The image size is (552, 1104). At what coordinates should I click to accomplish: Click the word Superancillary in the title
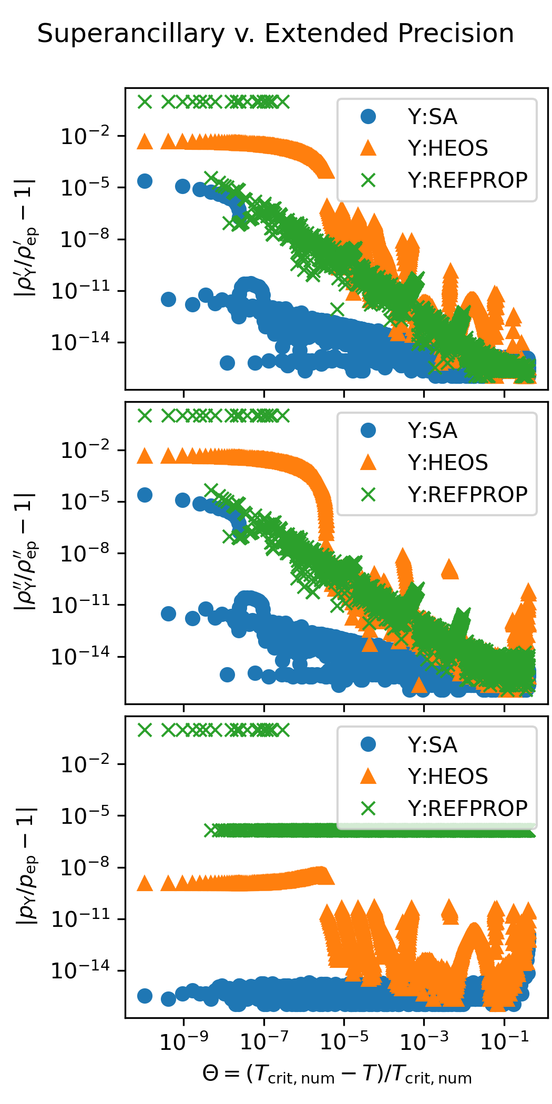tap(131, 34)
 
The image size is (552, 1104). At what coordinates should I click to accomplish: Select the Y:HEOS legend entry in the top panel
tap(447, 148)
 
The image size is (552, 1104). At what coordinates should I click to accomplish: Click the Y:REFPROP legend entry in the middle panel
tap(467, 494)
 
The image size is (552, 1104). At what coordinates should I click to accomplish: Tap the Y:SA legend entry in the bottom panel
tap(432, 745)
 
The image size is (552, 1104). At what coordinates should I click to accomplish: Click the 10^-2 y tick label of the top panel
tap(86, 137)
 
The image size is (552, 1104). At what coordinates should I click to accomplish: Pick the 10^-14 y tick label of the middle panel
tap(80, 657)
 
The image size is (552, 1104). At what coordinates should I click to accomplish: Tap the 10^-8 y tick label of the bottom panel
tap(86, 867)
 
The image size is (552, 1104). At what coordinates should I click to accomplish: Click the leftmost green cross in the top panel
tap(145, 101)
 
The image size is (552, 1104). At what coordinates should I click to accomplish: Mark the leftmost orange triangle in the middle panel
tap(145, 456)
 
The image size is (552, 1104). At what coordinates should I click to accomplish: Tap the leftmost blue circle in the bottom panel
tap(145, 996)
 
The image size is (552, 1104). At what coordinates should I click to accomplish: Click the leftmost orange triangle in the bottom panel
tap(145, 884)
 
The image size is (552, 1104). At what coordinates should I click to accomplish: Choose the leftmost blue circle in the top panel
tap(145, 181)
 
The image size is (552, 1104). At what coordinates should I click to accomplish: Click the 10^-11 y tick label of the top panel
tap(80, 291)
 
